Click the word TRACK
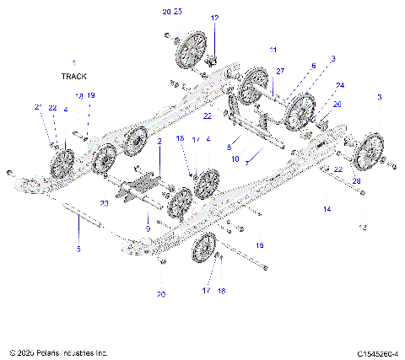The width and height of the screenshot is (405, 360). click(73, 76)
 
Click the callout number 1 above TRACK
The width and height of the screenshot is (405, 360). click(73, 63)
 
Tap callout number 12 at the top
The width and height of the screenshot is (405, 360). click(214, 18)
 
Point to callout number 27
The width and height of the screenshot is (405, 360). click(281, 71)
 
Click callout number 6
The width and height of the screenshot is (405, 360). click(313, 65)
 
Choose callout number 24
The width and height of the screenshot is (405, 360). click(340, 85)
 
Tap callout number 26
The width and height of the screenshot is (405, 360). click(338, 105)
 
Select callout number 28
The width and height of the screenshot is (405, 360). click(356, 181)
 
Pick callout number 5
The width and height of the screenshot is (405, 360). click(78, 249)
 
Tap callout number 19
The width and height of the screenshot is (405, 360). click(90, 95)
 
